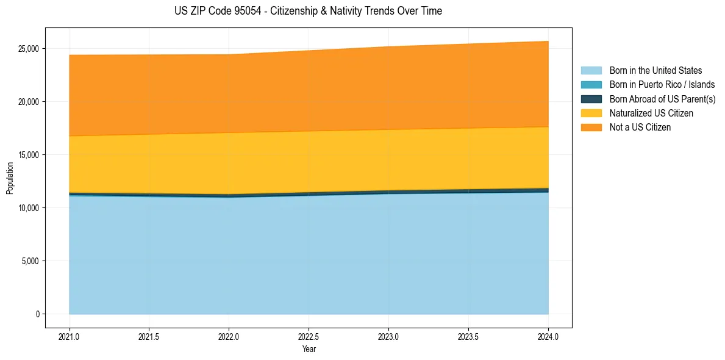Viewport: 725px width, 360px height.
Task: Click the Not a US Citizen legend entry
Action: click(x=640, y=127)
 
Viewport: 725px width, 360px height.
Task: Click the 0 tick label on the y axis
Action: click(x=37, y=314)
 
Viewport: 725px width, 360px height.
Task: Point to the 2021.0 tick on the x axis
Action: click(x=70, y=336)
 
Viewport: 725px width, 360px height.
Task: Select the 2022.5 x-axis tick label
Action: click(x=309, y=336)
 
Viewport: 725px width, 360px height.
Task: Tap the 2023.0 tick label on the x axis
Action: click(x=388, y=336)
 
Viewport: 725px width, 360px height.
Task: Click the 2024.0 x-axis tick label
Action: click(x=548, y=336)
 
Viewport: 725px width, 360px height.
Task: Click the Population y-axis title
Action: click(x=10, y=178)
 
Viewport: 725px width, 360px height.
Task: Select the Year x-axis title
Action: click(x=309, y=349)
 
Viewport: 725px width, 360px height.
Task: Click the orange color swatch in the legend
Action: click(x=591, y=127)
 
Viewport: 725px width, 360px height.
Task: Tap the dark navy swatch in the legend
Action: click(x=591, y=99)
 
